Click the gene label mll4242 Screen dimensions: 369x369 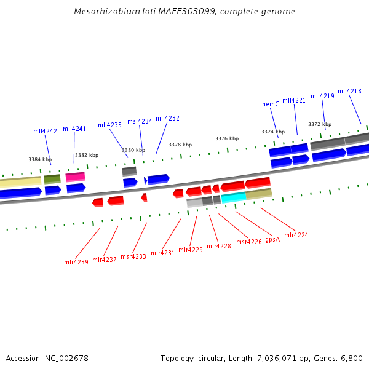pos(45,131)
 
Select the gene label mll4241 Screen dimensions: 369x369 pos(74,129)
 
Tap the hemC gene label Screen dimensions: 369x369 pos(271,104)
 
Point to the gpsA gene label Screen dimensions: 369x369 pos(272,239)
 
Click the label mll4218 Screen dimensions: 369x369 pos(349,91)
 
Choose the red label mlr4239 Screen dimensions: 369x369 pos(76,262)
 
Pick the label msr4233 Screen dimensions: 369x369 pos(133,256)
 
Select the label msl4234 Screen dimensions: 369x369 pos(140,121)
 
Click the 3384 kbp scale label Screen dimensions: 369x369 pos(39,159)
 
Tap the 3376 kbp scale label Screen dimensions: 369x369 pos(227,138)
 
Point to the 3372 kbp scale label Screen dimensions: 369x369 pos(320,124)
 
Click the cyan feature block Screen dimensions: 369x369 pos(234,197)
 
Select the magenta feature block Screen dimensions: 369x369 pos(75,177)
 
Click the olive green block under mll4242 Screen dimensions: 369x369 pos(52,179)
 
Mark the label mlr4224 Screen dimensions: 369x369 pos(296,235)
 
